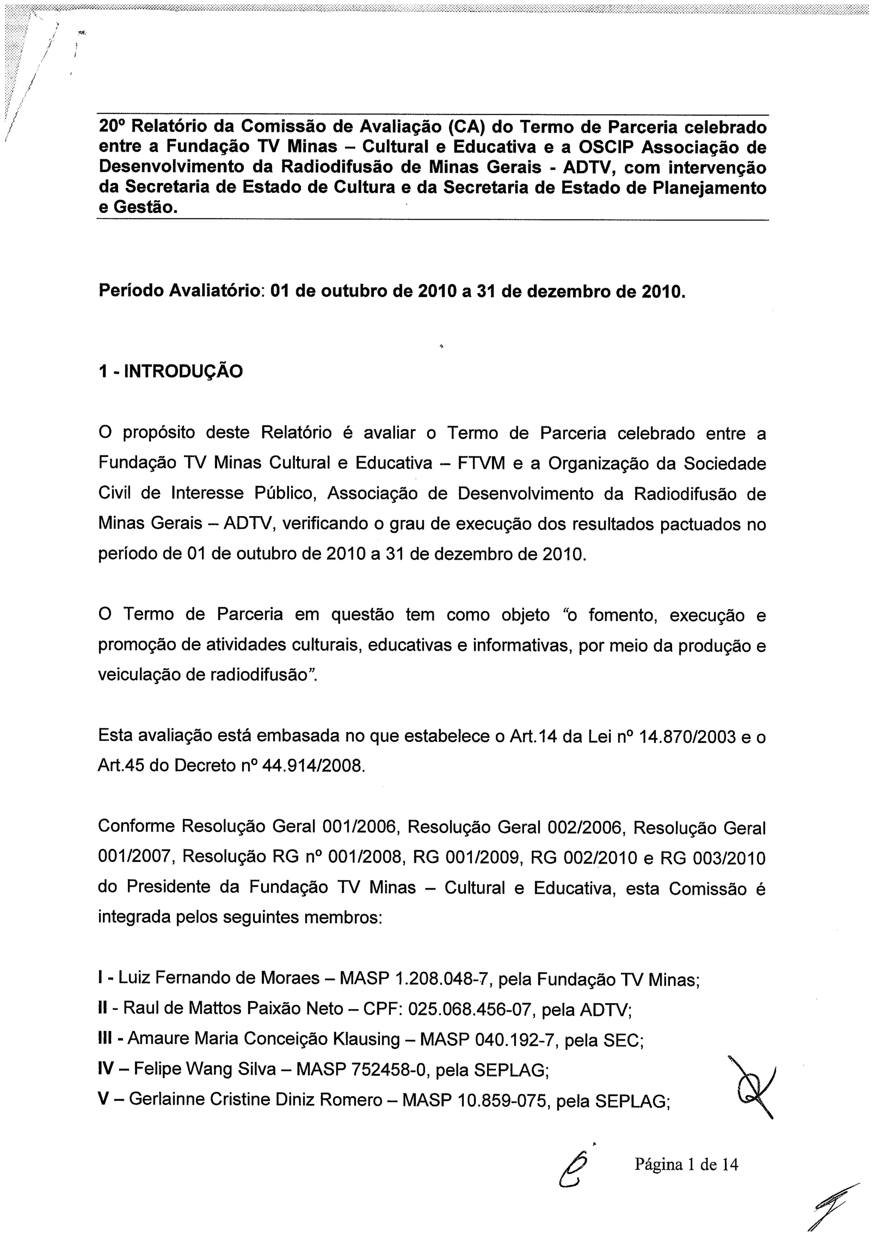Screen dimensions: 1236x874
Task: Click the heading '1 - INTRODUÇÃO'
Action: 170,371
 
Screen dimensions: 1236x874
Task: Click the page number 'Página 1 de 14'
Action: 686,1164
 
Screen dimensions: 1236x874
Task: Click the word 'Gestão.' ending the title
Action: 137,207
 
